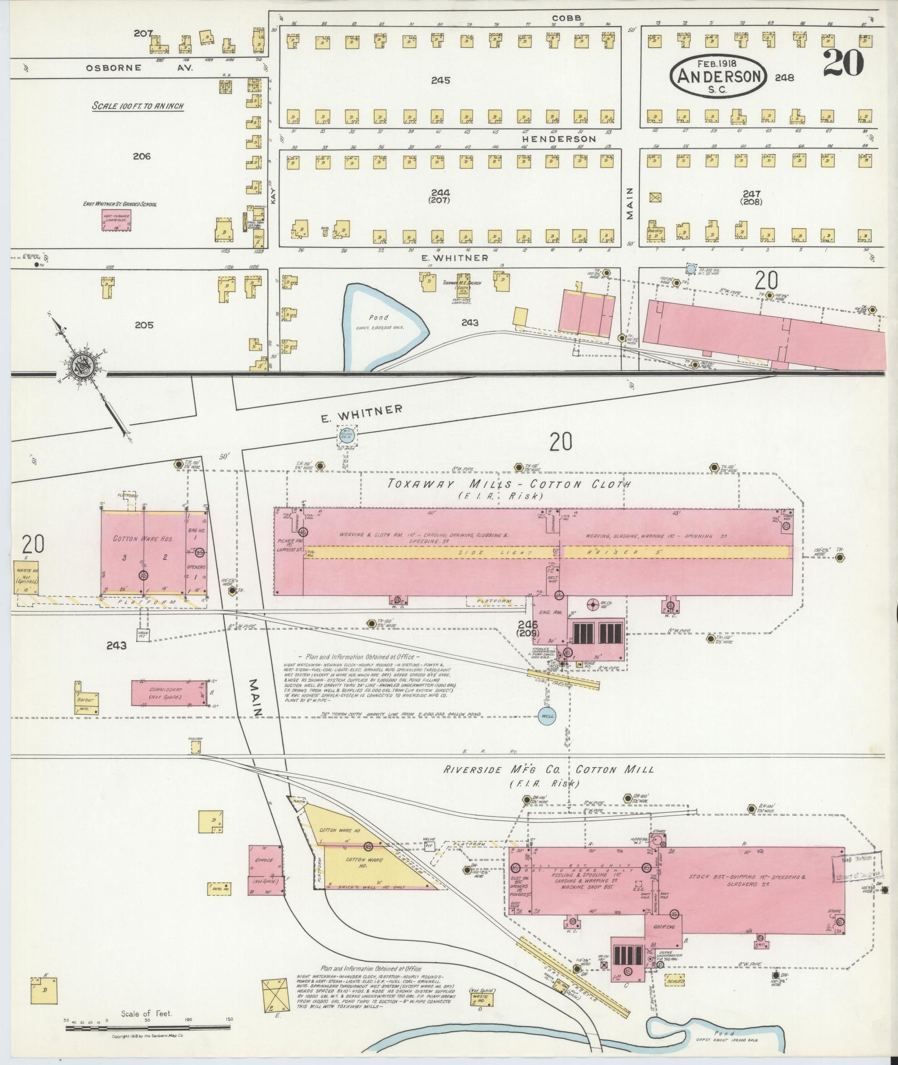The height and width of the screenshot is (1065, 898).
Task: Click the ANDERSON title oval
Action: tap(719, 77)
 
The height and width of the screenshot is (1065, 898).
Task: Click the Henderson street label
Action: tap(559, 139)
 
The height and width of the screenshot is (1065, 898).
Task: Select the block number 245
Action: tap(440, 80)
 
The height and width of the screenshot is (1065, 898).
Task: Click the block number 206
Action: tap(141, 156)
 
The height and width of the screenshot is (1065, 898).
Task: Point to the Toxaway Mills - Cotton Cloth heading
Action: tap(509, 484)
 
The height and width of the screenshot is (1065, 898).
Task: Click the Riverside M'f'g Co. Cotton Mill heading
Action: tap(548, 770)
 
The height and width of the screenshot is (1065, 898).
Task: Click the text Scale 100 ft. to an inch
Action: tap(138, 106)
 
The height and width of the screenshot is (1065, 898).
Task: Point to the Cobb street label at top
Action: tap(567, 18)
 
